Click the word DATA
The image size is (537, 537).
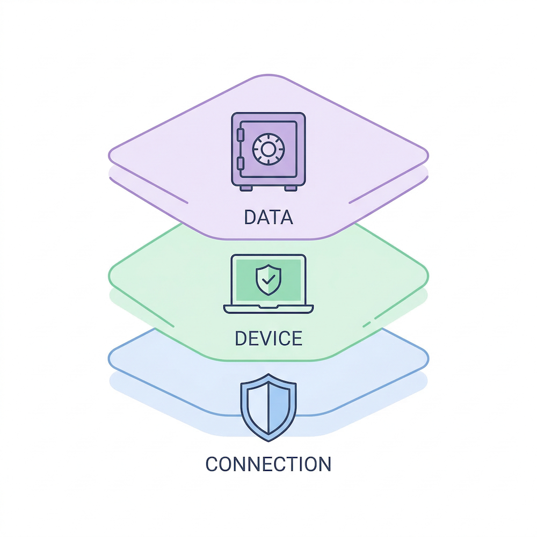(268, 217)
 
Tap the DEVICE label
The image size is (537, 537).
(268, 338)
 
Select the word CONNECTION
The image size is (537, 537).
(268, 463)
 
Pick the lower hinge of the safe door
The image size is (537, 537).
(240, 162)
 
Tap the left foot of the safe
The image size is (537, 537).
(246, 188)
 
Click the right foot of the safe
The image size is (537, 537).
(289, 188)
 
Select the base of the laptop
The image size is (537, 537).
(268, 309)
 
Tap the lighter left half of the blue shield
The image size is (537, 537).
(257, 405)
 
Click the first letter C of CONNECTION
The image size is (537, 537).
(213, 463)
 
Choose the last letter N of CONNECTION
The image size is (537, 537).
(324, 463)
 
